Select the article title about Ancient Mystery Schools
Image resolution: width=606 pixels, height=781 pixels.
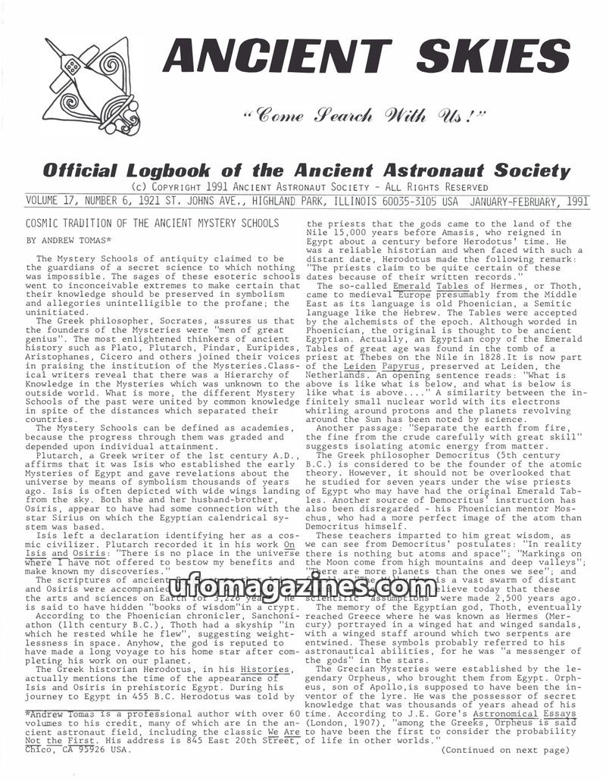point(152,223)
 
